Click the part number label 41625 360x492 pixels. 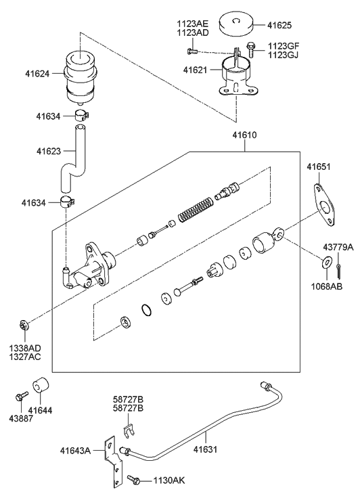[279, 25]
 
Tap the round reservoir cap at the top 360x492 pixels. [237, 25]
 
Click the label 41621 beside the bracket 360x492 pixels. [195, 70]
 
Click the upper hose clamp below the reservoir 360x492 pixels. [82, 115]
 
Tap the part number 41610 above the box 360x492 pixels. [244, 135]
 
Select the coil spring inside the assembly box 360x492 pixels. [196, 210]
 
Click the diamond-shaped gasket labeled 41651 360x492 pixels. [325, 205]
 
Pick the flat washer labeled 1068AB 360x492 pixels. [327, 262]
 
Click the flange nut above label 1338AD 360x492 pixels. [24, 325]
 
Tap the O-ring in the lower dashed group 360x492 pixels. [146, 310]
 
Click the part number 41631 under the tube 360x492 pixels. [205, 449]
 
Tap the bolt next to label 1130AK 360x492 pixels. [135, 479]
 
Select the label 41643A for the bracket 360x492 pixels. [75, 451]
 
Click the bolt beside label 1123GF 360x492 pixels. [250, 49]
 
